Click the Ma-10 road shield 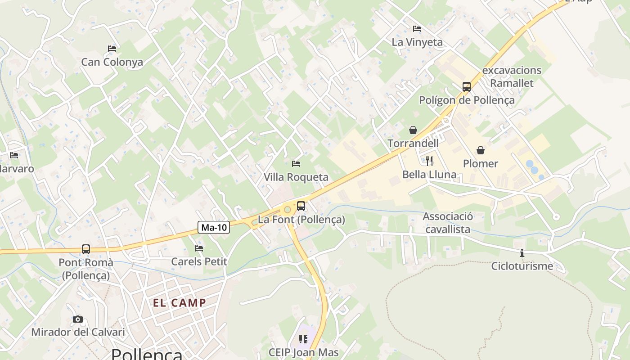point(214,227)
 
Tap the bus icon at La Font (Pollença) point(301,206)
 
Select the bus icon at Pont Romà point(85,249)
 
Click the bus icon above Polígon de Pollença point(467,87)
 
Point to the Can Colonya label point(112,62)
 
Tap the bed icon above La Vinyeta point(417,29)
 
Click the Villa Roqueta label point(296,177)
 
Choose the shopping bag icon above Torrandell point(413,130)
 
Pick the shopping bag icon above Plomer point(481,150)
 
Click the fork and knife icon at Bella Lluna point(429,161)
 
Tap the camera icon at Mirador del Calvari point(78,319)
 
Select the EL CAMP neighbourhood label point(180,303)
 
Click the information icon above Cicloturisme point(522,253)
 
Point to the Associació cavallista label point(448,223)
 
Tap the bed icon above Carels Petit point(199,248)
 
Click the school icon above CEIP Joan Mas point(303,339)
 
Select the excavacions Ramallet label point(512,76)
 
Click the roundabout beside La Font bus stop point(287,209)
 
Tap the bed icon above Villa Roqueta point(296,163)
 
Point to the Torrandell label point(413,144)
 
